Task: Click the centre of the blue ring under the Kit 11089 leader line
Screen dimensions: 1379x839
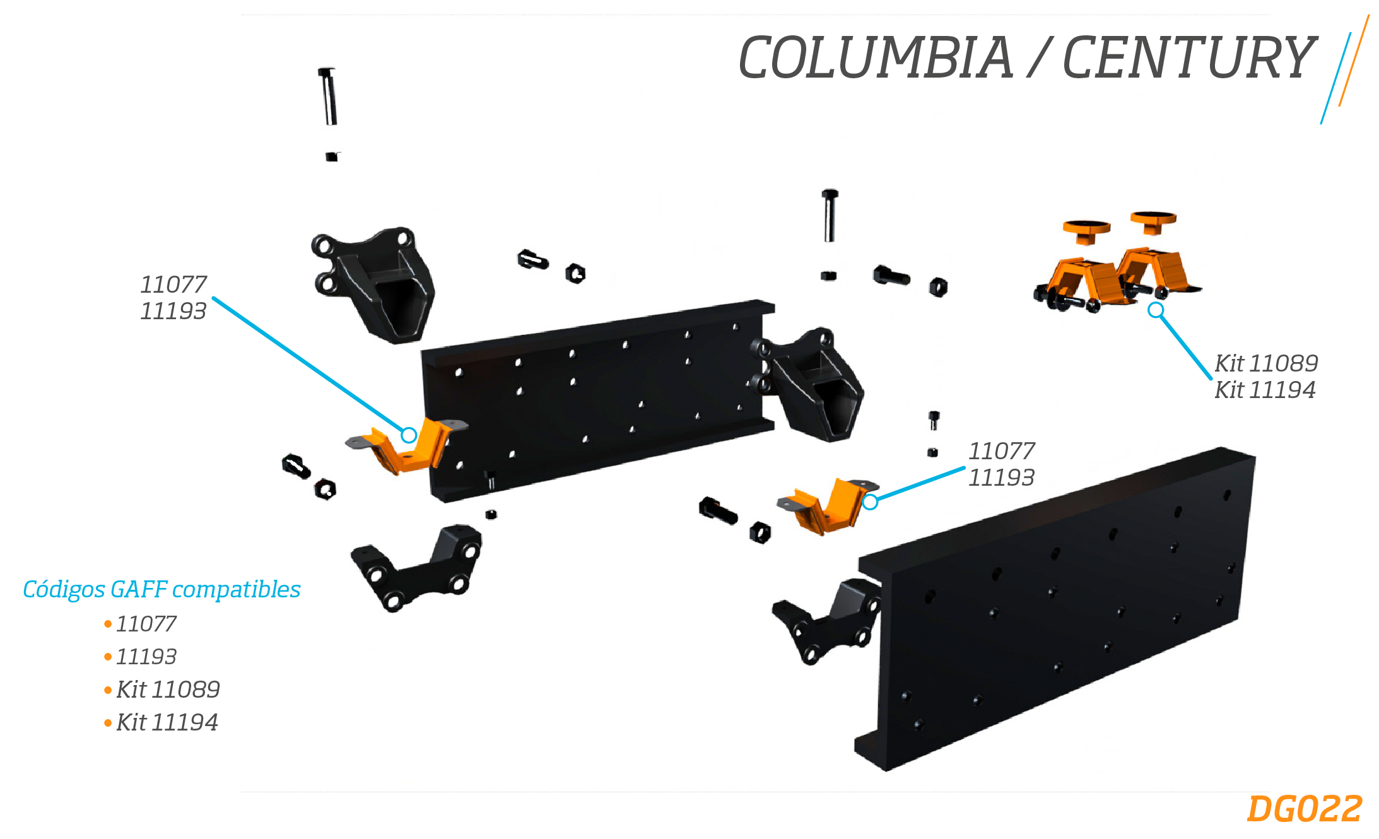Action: (x=1155, y=310)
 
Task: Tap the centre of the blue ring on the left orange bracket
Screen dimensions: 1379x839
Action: (x=409, y=435)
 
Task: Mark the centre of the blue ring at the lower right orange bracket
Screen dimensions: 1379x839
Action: (x=870, y=502)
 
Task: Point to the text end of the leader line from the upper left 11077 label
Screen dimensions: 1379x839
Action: (x=213, y=298)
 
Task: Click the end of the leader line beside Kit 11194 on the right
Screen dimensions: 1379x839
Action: (x=1211, y=378)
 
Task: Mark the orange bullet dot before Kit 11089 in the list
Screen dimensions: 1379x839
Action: (x=108, y=690)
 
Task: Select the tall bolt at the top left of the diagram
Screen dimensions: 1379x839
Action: (x=328, y=97)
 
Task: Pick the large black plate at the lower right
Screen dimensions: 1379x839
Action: (x=1055, y=609)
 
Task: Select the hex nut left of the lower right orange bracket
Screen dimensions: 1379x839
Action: (x=760, y=532)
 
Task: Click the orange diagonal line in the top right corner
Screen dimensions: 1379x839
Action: (x=1354, y=61)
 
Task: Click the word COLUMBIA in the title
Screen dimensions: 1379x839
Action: (x=876, y=57)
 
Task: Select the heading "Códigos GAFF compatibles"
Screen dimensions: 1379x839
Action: (x=161, y=589)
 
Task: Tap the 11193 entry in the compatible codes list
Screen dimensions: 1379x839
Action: (x=146, y=657)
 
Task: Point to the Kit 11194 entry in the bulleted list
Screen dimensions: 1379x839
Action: (x=167, y=722)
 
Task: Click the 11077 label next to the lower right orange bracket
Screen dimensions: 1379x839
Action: (x=1002, y=451)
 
